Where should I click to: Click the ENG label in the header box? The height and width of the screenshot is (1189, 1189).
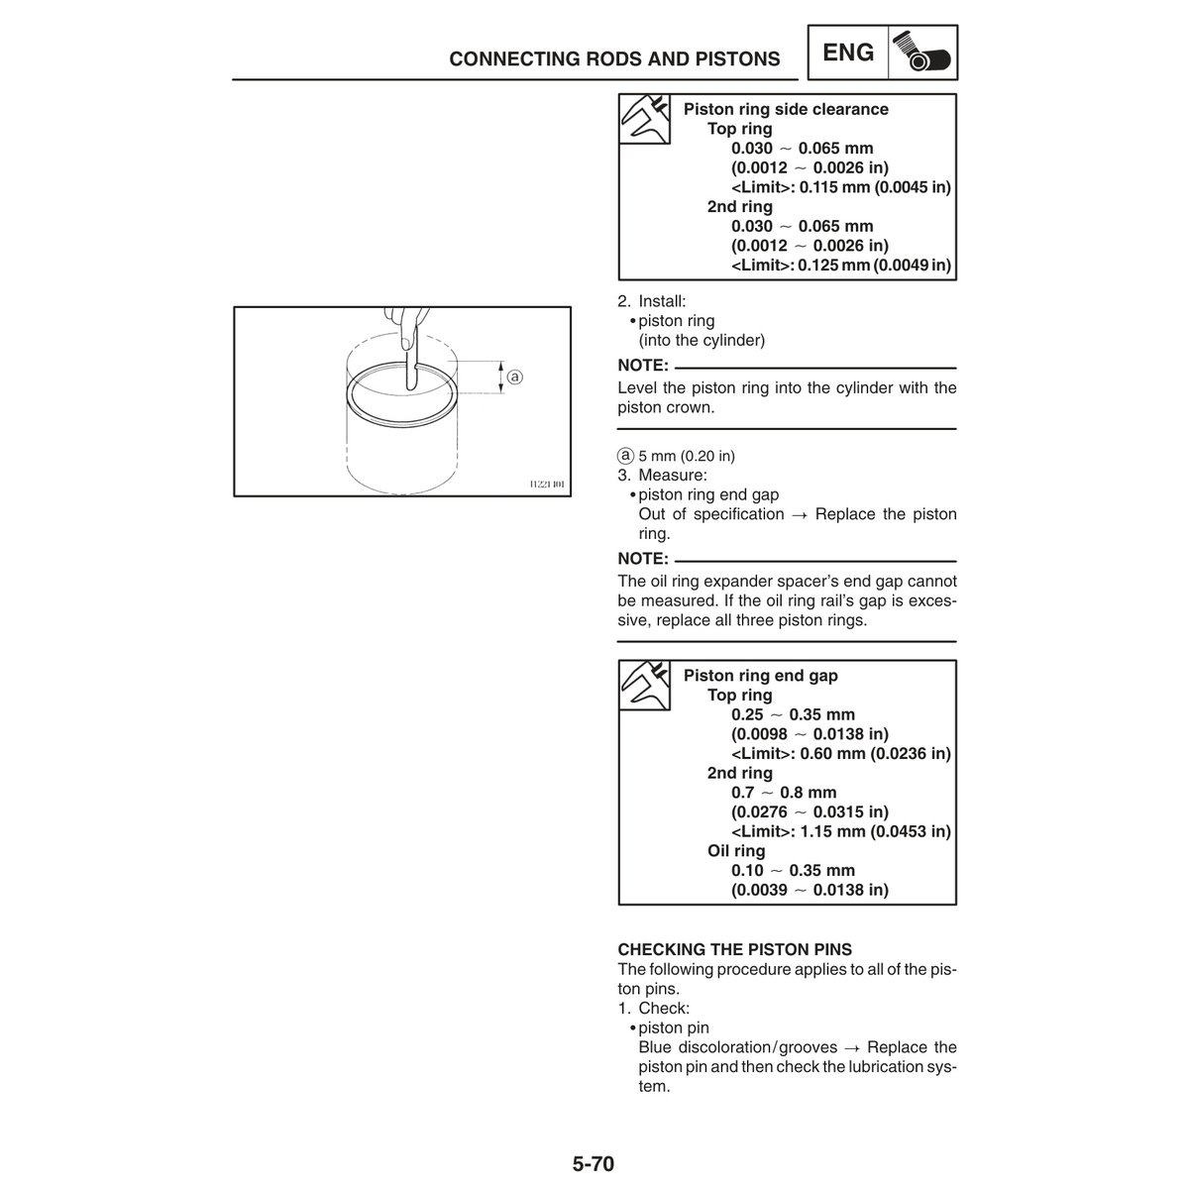(849, 52)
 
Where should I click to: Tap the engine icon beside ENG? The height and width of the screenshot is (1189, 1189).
(923, 54)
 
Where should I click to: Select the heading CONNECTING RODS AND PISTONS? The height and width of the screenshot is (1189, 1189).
(614, 59)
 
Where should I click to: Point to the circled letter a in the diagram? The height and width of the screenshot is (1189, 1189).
(515, 377)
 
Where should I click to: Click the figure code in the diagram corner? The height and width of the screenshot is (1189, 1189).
(546, 485)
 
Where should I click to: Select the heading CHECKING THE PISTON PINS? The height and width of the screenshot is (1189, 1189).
(734, 949)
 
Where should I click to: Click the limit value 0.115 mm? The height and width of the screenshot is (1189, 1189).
(842, 187)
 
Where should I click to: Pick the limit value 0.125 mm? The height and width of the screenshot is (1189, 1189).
(842, 265)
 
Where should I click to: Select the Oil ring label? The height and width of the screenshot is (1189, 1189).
(736, 850)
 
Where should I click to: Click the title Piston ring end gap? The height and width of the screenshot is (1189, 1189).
(760, 676)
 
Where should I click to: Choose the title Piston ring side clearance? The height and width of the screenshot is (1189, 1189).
(786, 109)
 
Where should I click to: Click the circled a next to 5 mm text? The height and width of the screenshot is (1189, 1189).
(625, 456)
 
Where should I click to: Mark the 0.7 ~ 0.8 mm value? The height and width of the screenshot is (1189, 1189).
(784, 792)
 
